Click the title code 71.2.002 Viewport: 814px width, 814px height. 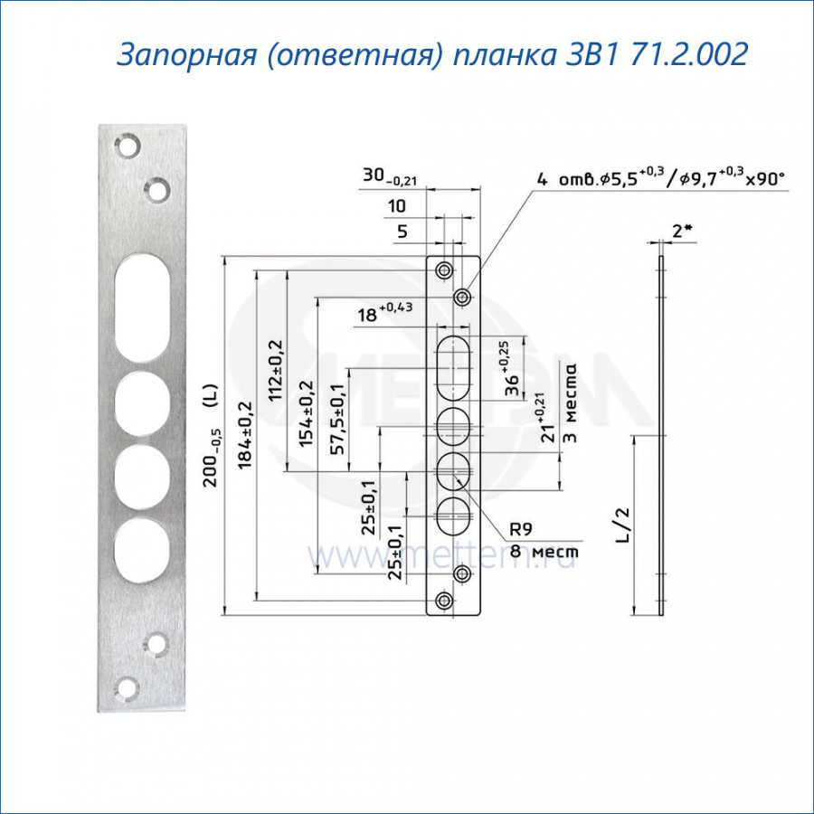(x=690, y=54)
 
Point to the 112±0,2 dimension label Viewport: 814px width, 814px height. (x=276, y=370)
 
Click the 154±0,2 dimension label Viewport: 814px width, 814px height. (x=307, y=413)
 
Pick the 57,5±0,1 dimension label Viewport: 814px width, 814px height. (x=337, y=420)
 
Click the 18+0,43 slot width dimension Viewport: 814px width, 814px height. (x=384, y=312)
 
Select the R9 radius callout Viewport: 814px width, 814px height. (x=521, y=529)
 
